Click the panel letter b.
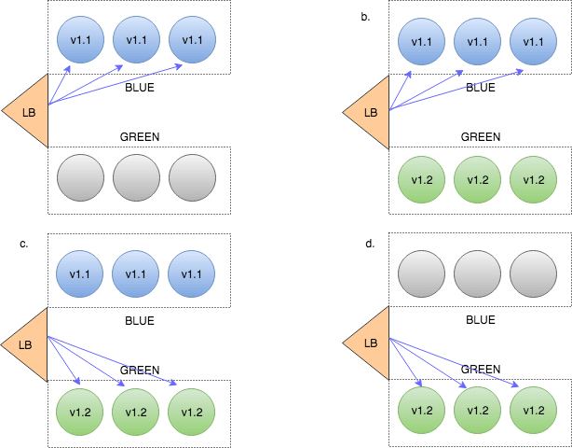pyautogui.click(x=365, y=16)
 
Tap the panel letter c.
pyautogui.click(x=24, y=245)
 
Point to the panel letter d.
pyautogui.click(x=370, y=245)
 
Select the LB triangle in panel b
pyautogui.click(x=368, y=112)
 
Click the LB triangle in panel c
pyautogui.click(x=27, y=344)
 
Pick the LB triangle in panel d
pyautogui.click(x=368, y=344)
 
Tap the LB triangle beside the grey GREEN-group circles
pyautogui.click(x=28, y=112)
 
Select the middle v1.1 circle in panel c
pyautogui.click(x=136, y=273)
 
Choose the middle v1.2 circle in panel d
pyautogui.click(x=477, y=410)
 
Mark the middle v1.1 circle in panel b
pyautogui.click(x=477, y=41)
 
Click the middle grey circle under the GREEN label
pyautogui.click(x=136, y=177)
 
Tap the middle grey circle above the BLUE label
pyautogui.click(x=477, y=273)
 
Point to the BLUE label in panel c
pyautogui.click(x=140, y=320)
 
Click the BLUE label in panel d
pyautogui.click(x=481, y=320)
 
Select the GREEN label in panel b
pyautogui.click(x=481, y=136)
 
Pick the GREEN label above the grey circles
pyautogui.click(x=140, y=136)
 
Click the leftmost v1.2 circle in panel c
pyautogui.click(x=80, y=410)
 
